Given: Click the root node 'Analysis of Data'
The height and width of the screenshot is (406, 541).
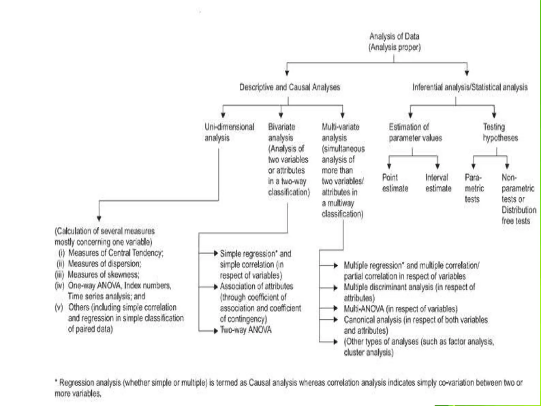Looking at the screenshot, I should pyautogui.click(x=394, y=36).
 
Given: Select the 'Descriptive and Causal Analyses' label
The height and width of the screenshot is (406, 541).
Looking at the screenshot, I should pyautogui.click(x=290, y=87).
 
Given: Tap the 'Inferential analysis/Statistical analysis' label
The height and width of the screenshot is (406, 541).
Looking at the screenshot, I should pyautogui.click(x=470, y=87).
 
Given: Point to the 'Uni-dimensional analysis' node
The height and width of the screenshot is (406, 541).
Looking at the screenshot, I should pyautogui.click(x=229, y=132).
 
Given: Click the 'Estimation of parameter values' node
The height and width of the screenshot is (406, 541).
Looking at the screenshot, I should pyautogui.click(x=415, y=132).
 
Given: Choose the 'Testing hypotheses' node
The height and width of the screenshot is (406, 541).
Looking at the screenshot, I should pyautogui.click(x=500, y=132).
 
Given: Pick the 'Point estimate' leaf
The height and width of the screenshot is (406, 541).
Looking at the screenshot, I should pyautogui.click(x=395, y=183).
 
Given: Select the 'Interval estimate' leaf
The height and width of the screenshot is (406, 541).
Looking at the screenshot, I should pyautogui.click(x=438, y=183).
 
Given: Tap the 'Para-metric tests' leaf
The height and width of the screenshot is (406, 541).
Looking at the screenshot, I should pyautogui.click(x=474, y=188).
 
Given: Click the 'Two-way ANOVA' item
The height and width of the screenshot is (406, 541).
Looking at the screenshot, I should pyautogui.click(x=246, y=330).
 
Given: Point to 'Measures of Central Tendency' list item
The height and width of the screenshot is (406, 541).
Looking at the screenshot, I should pyautogui.click(x=116, y=253).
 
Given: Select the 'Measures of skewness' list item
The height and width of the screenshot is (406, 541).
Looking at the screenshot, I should pyautogui.click(x=103, y=275).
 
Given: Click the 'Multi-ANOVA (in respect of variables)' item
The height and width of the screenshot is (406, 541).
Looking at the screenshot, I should pyautogui.click(x=400, y=309).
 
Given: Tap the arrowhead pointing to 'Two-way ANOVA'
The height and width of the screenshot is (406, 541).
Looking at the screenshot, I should pyautogui.click(x=216, y=330).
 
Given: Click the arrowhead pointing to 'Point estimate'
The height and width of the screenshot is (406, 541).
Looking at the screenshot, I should pyautogui.click(x=389, y=167).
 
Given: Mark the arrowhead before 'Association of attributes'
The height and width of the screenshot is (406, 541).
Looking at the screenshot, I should pyautogui.click(x=216, y=287).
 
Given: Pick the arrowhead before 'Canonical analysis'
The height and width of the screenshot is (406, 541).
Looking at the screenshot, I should pyautogui.click(x=335, y=320).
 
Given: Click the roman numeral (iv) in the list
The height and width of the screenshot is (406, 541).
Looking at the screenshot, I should pyautogui.click(x=59, y=286).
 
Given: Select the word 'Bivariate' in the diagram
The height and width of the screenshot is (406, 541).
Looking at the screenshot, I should pyautogui.click(x=281, y=127).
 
